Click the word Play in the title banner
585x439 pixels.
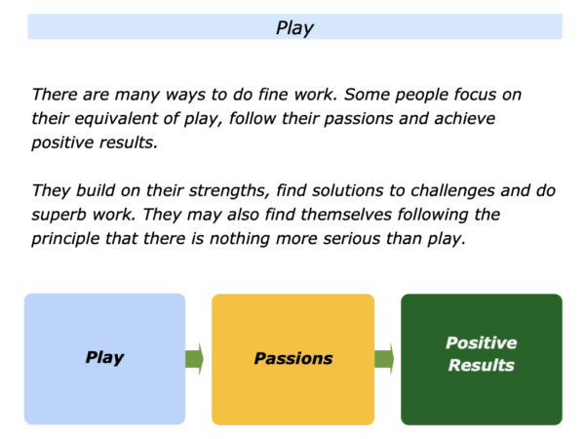(x=294, y=28)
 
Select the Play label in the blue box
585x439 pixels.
(x=105, y=358)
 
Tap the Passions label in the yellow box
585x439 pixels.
(x=293, y=358)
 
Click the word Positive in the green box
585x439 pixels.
(x=482, y=343)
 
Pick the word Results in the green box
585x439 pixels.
(x=482, y=365)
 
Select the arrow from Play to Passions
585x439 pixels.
(x=194, y=359)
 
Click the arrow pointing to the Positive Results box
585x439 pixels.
(x=384, y=359)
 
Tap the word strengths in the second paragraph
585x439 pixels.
(x=229, y=191)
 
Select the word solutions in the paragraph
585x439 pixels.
(x=348, y=191)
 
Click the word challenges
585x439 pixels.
(x=452, y=191)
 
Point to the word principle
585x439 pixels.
(x=65, y=239)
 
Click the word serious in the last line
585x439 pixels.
(x=351, y=239)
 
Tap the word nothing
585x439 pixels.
(x=240, y=239)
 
